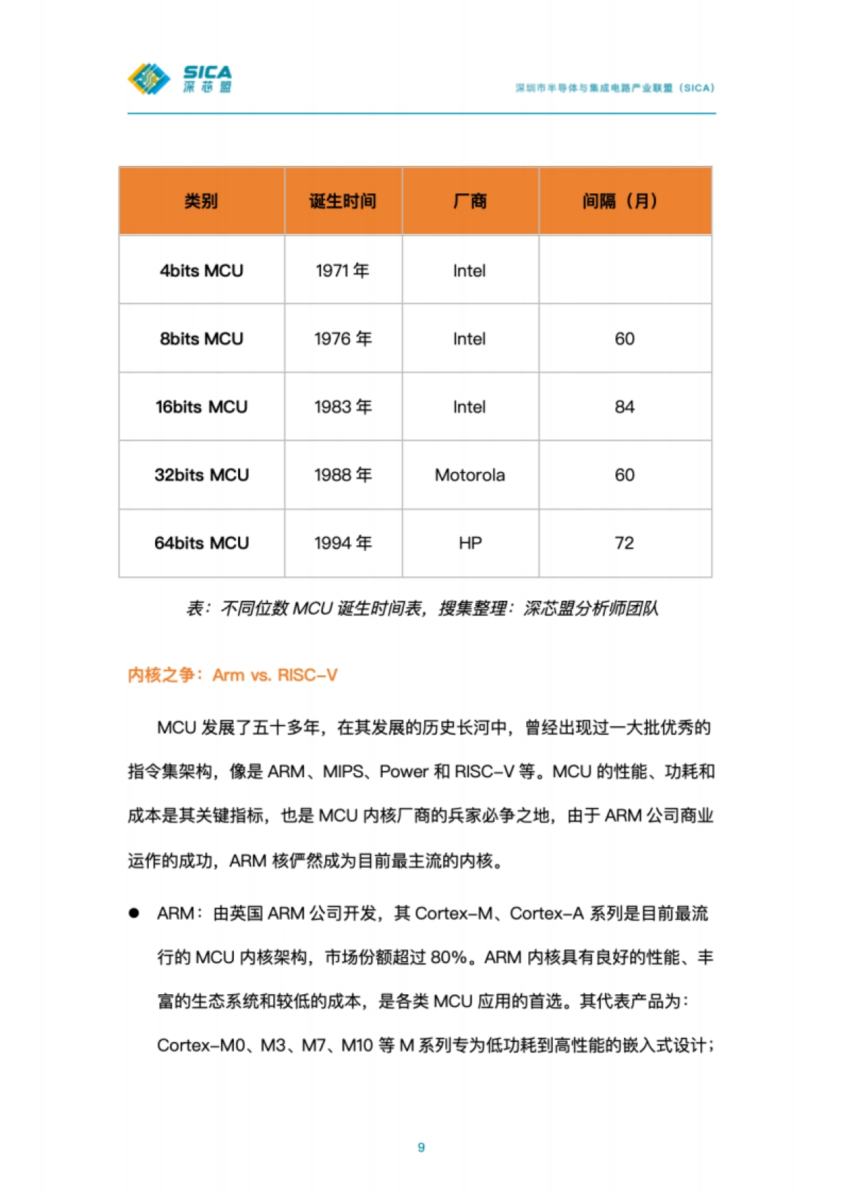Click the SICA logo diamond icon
149,79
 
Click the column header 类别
201,201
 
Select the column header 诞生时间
343,201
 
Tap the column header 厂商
470,201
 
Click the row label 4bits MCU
201,270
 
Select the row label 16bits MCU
201,407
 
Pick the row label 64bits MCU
201,543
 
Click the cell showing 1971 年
343,270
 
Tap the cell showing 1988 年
343,475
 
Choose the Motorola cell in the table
470,475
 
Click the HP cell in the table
470,543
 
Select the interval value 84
625,407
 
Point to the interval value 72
625,543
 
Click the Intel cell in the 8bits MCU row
469,339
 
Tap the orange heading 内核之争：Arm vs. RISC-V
233,675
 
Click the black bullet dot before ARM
133,913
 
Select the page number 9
421,1147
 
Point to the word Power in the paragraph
404,771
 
